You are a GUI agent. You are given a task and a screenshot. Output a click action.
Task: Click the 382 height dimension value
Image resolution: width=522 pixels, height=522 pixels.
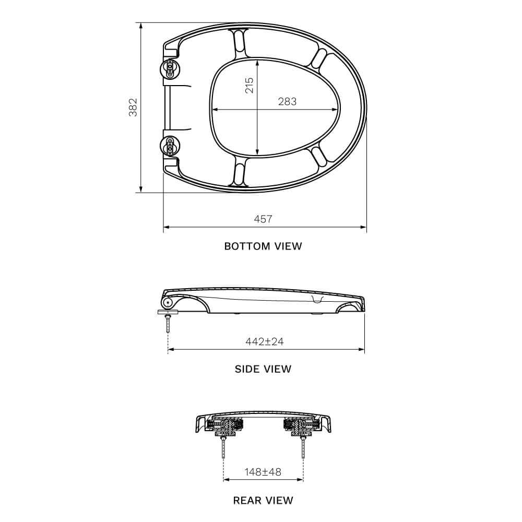click(133, 107)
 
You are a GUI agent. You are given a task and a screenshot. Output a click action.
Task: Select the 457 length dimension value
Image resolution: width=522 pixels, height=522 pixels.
click(263, 219)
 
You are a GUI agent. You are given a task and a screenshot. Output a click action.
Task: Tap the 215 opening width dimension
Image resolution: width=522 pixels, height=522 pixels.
click(250, 85)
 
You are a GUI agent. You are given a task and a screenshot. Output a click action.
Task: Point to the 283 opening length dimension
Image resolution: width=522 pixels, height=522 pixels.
click(287, 102)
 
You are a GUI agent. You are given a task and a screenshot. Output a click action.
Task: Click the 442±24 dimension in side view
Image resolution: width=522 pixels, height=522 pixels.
click(265, 341)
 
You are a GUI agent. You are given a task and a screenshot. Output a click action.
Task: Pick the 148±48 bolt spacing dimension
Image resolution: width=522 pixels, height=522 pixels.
click(263, 472)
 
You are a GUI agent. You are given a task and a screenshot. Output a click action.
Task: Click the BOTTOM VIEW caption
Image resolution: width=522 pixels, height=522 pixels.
click(263, 246)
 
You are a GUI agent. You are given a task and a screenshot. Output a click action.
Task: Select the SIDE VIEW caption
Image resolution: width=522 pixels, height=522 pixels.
click(263, 369)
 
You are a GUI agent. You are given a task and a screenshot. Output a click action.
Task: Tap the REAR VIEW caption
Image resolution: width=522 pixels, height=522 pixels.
click(263, 501)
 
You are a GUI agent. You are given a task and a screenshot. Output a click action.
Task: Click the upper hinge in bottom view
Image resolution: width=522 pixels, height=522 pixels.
click(170, 69)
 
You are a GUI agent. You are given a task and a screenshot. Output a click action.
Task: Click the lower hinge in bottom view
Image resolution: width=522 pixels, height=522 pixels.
click(170, 146)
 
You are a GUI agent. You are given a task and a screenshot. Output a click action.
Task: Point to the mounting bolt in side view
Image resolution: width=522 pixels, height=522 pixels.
click(168, 324)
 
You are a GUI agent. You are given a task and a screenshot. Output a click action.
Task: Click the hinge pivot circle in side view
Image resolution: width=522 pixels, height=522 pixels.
click(167, 303)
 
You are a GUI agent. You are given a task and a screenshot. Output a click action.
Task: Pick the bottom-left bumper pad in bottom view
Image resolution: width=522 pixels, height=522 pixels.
click(239, 173)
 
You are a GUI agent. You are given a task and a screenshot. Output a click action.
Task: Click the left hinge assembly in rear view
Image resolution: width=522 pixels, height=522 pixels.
click(224, 427)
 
